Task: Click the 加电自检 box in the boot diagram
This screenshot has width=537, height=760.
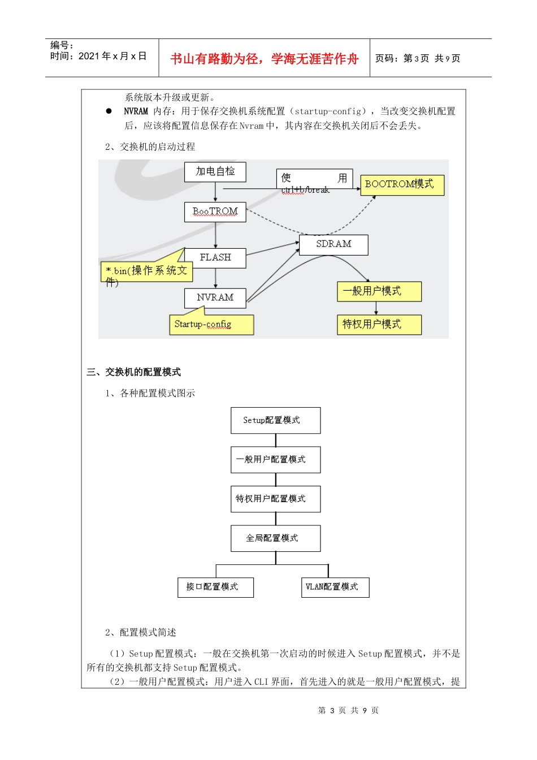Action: point(215,172)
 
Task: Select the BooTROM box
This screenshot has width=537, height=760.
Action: point(215,212)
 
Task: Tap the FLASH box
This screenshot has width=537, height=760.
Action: point(215,258)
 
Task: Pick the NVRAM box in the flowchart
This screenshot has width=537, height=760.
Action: point(215,298)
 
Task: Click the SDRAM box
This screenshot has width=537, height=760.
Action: point(334,244)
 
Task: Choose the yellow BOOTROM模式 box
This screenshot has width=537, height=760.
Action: point(402,185)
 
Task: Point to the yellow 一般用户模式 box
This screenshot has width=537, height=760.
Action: point(379,291)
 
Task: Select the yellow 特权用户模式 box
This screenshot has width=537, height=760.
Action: point(379,325)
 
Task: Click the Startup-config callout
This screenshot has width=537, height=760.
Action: point(211,325)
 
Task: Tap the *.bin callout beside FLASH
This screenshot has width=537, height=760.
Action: point(146,271)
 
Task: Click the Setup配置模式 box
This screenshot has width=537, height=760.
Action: point(275,420)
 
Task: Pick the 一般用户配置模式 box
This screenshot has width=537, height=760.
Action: point(275,459)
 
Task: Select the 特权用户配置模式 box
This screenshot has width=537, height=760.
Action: point(275,499)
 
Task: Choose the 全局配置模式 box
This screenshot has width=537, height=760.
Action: point(275,538)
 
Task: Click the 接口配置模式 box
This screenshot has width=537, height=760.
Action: point(215,587)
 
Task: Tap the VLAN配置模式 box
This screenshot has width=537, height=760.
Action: point(335,587)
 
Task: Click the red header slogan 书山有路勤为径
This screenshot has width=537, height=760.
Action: point(264,59)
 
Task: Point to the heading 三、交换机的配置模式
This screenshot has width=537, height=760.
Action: point(134,372)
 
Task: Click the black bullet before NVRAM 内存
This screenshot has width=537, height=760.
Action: point(109,111)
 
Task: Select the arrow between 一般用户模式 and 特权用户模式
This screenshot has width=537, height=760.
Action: point(376,308)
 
